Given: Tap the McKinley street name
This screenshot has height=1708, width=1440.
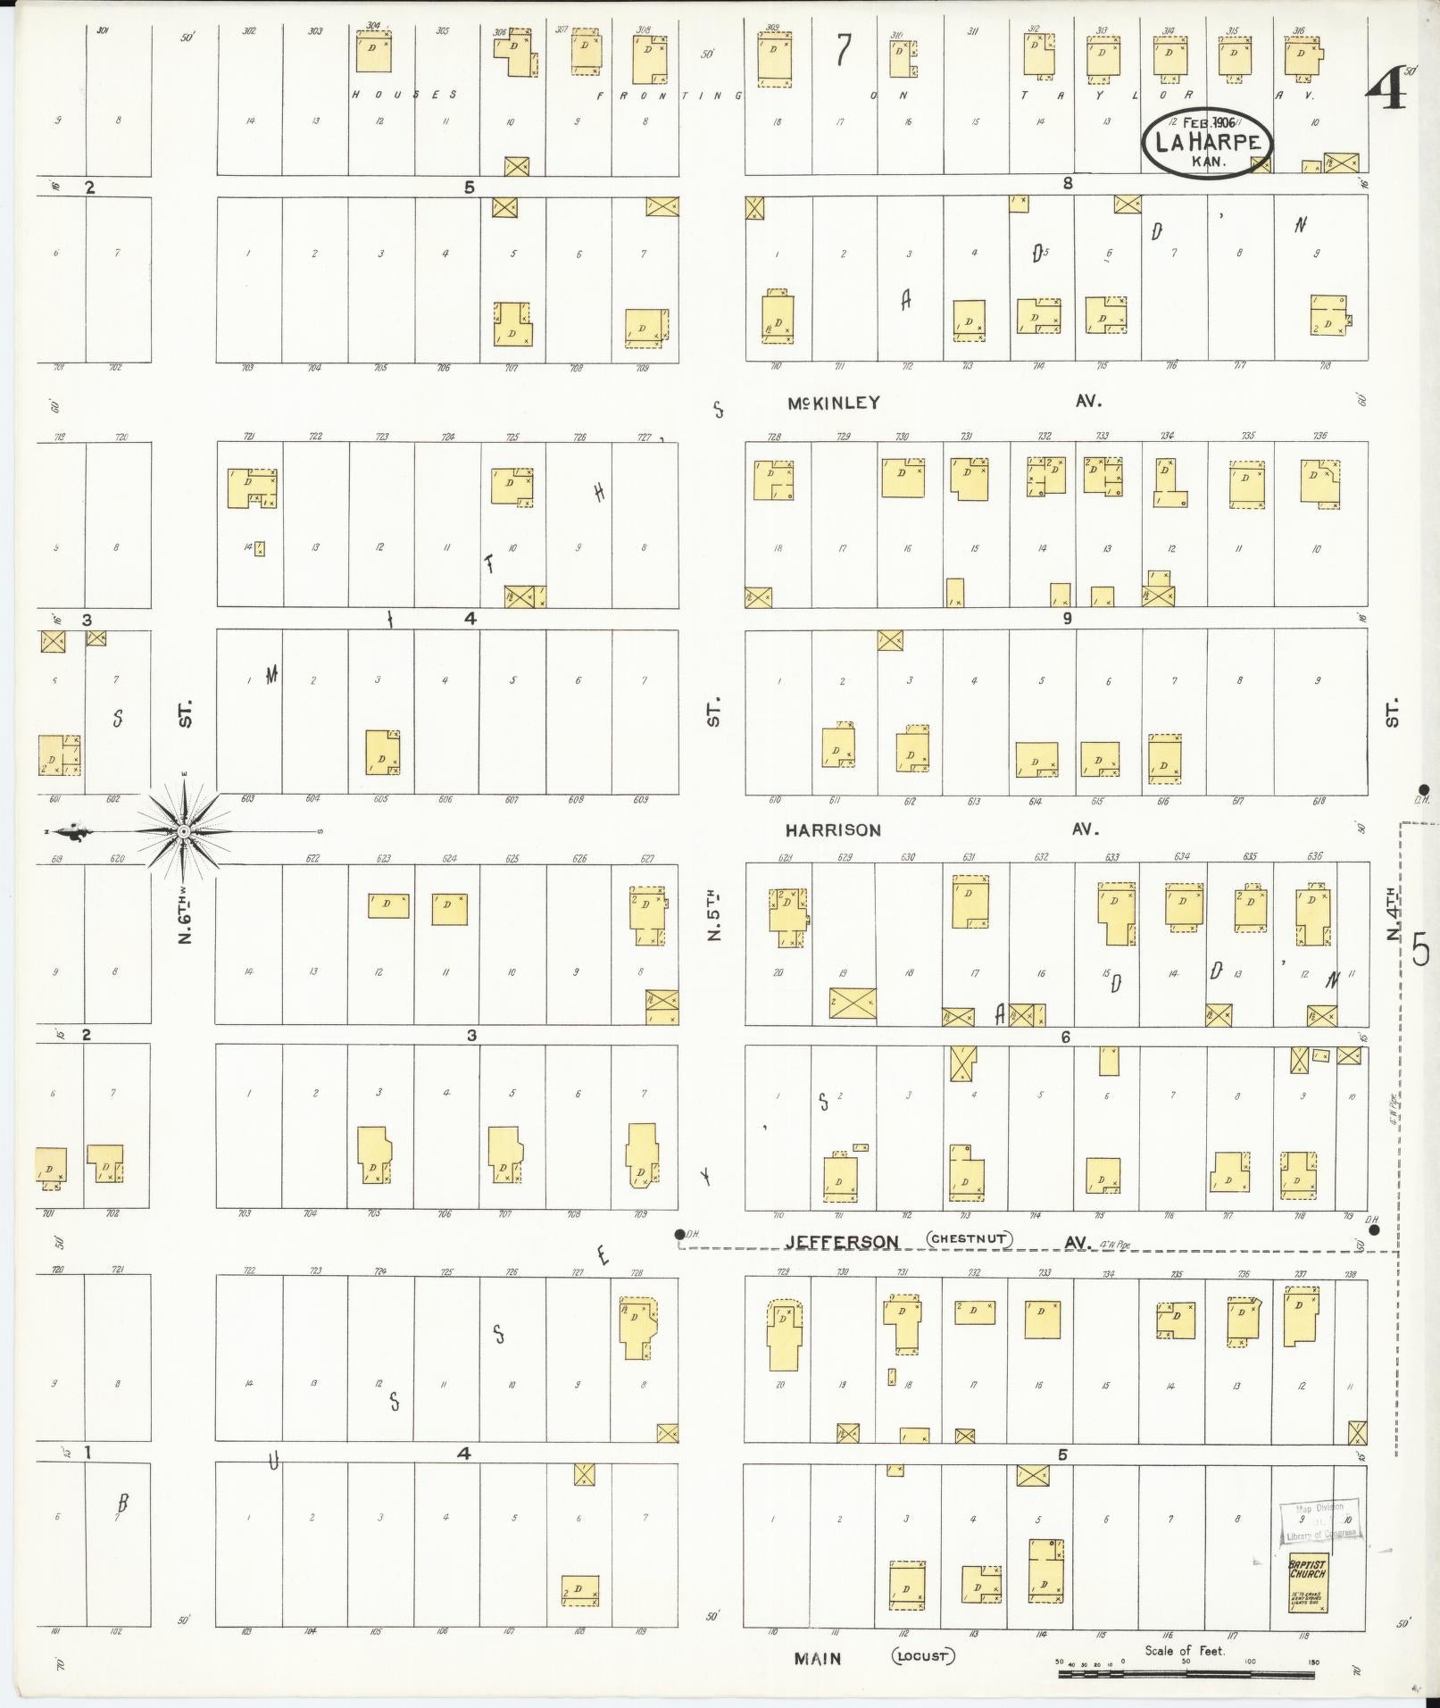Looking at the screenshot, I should coord(833,404).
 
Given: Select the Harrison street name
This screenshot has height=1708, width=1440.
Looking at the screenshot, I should coord(832,830).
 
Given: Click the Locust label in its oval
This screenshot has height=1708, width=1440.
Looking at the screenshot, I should coord(922,1656).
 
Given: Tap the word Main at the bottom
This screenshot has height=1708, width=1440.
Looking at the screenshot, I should coord(819,1658).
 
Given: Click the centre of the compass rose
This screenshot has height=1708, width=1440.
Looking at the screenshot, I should coord(183,831).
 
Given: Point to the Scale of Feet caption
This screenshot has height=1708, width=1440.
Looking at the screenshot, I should coord(1185,1650).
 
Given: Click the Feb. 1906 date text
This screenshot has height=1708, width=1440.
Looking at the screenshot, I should coord(1203,122).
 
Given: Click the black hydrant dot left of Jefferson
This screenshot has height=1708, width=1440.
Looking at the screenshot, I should coord(679,1235).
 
